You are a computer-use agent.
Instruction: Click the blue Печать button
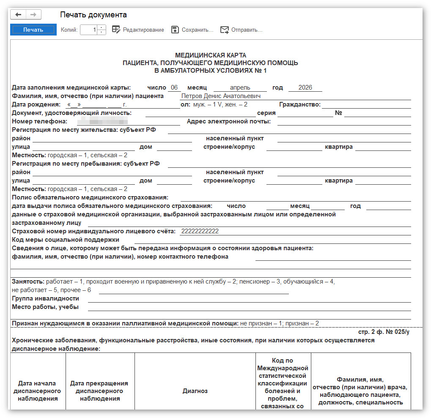33,30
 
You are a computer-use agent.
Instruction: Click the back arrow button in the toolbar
19,15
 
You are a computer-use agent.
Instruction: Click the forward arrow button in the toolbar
33,15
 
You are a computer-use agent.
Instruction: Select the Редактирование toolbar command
138,30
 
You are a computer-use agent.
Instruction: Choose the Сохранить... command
192,30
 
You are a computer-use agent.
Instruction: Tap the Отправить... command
242,30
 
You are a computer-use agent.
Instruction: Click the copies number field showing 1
89,30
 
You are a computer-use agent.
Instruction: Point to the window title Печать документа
93,15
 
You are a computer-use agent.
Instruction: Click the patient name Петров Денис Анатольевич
221,96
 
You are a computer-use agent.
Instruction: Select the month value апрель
240,87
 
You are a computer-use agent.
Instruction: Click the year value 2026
305,87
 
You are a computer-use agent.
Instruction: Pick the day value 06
174,87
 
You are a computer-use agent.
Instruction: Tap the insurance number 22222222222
200,231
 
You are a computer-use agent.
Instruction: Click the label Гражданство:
300,104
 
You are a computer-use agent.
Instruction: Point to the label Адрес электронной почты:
229,122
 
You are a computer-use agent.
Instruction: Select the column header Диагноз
195,391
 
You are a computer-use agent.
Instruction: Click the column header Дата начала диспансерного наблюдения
37,391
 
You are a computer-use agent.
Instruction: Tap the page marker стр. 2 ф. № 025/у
384,332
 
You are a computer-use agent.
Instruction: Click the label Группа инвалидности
46,298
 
